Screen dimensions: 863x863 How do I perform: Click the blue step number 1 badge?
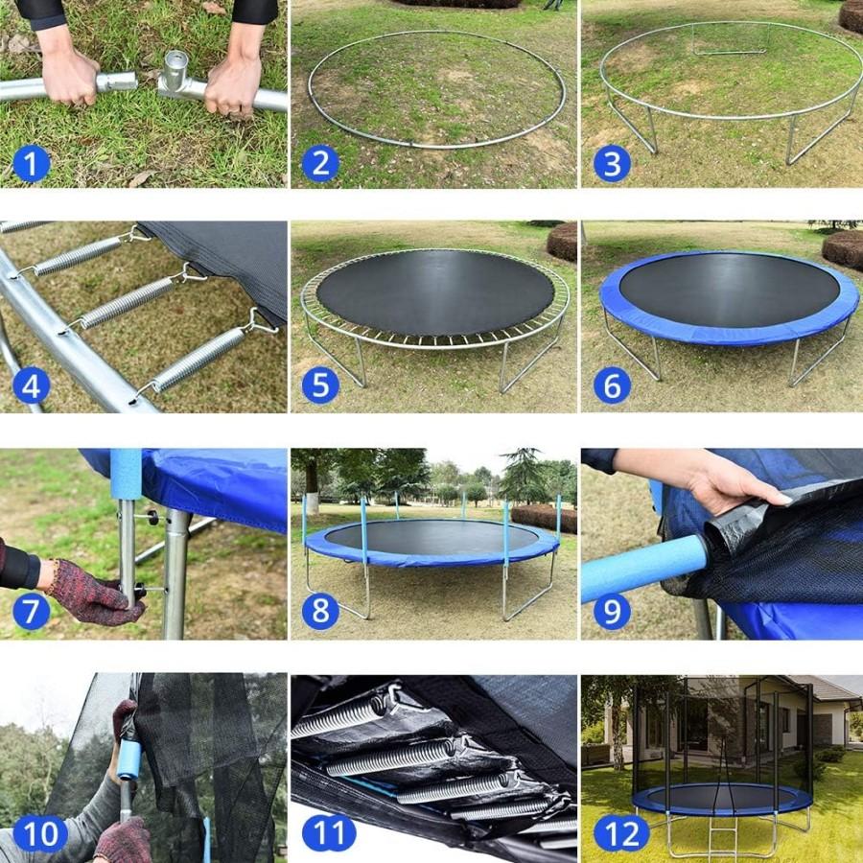point(31,164)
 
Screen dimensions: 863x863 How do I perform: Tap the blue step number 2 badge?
point(320,164)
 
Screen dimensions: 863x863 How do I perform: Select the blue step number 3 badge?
point(612,164)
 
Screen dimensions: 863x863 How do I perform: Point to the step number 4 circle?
point(31,386)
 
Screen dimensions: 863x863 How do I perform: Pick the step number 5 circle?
point(320,386)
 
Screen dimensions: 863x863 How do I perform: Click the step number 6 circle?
point(612,386)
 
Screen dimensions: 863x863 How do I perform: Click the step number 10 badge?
point(40,833)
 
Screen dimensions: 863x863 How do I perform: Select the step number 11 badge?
point(329,833)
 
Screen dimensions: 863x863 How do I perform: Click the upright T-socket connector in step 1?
point(175,73)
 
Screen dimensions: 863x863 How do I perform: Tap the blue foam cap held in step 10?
point(128,758)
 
